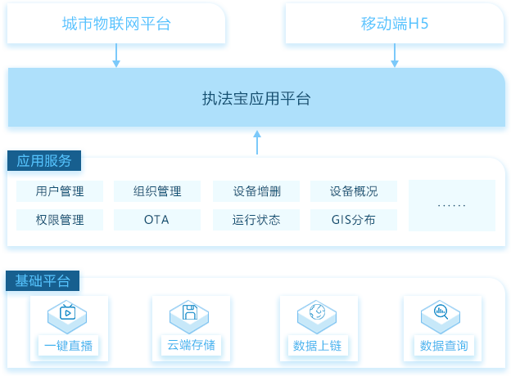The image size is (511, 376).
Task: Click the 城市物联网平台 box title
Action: (116, 24)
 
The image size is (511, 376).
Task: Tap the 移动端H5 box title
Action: (395, 24)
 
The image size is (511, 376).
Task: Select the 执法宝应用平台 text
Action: (256, 98)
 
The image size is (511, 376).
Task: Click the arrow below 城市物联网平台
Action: (116, 56)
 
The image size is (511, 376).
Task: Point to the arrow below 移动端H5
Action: (395, 56)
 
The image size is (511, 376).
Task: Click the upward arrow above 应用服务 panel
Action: (257, 142)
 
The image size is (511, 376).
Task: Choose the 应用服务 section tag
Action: (44, 161)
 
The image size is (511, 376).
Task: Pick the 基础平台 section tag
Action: (43, 280)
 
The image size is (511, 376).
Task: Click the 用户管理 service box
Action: (60, 191)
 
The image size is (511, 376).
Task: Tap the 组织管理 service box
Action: (157, 191)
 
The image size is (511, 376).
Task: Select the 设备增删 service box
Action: (256, 191)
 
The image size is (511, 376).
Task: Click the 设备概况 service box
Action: (354, 191)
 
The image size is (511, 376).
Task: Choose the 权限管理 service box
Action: (60, 220)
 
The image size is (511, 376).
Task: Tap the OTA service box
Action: (157, 220)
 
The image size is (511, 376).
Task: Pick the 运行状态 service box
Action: (256, 220)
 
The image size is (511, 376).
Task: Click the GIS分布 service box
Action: (354, 220)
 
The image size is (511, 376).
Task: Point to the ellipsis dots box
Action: (452, 205)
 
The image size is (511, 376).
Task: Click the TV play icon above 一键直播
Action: (67, 312)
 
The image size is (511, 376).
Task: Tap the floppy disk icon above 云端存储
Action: (190, 312)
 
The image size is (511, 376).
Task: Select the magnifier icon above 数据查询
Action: (441, 312)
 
